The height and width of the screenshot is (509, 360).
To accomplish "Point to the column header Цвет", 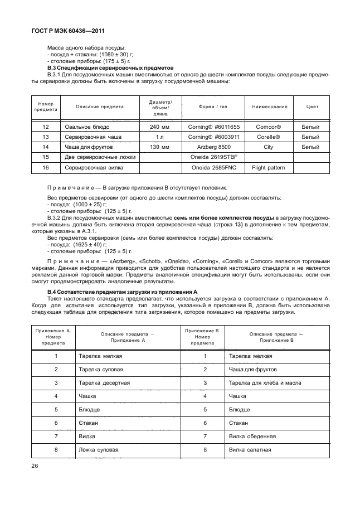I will click(313, 106).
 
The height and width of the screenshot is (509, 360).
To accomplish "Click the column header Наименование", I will click(270, 106).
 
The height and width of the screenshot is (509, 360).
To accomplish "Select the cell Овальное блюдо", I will click(85, 127).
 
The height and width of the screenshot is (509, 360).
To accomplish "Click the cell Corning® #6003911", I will click(213, 137).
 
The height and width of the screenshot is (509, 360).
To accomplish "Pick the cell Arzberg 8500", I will click(213, 147).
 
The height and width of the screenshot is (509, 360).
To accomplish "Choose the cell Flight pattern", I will click(268, 167).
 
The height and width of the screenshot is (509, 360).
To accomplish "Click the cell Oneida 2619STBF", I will click(213, 157).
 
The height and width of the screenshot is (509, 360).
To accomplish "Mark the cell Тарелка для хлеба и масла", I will click(263, 383).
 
